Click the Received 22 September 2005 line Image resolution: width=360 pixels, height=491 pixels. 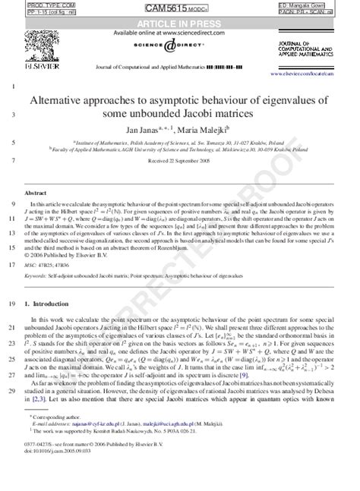(181, 162)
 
